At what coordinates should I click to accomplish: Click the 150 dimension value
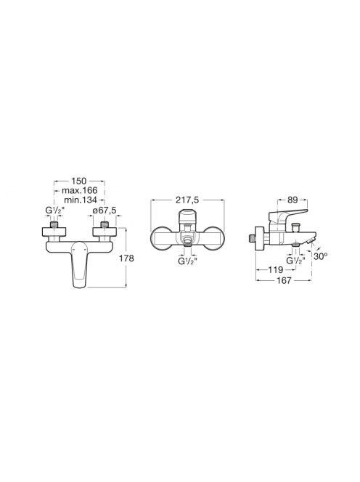tap(79, 181)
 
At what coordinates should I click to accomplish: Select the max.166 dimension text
tap(79, 191)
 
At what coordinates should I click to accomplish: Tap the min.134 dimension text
tap(81, 200)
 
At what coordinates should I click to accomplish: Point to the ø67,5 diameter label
tap(105, 211)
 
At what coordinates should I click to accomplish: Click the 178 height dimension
tap(127, 258)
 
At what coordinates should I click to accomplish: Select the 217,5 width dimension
tap(187, 200)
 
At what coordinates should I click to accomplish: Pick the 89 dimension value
tap(292, 200)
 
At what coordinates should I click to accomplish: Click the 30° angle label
tap(320, 256)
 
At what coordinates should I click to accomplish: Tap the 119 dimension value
tap(276, 270)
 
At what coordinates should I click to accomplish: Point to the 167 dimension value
tap(284, 280)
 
